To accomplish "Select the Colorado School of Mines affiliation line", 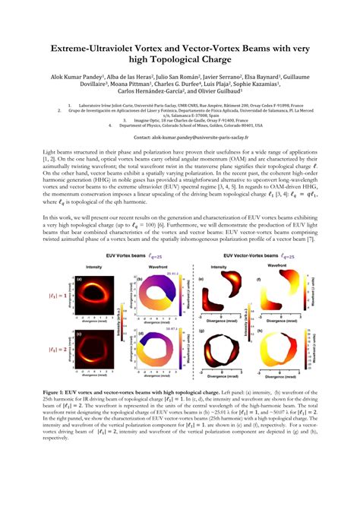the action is pos(185,125).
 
